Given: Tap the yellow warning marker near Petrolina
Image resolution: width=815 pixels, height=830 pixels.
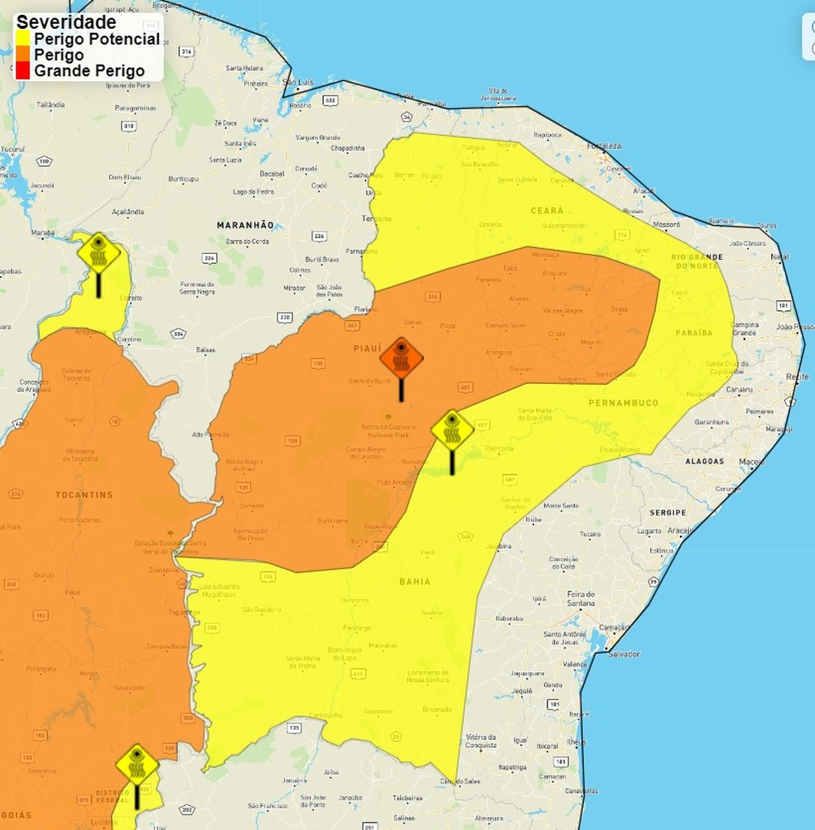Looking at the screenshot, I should (452, 432).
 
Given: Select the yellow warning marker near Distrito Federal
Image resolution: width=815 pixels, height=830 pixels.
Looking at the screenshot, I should (137, 765).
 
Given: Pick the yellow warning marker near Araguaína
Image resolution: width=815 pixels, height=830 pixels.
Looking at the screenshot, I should (99, 254).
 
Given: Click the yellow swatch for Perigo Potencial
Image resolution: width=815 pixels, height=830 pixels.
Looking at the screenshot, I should (23, 39).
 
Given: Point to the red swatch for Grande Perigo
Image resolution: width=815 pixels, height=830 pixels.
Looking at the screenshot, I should (23, 71).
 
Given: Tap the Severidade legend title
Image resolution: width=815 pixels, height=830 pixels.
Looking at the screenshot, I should (66, 22).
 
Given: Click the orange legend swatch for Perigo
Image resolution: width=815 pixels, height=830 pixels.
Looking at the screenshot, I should (23, 55).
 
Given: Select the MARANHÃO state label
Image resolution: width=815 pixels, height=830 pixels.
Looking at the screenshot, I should (244, 225).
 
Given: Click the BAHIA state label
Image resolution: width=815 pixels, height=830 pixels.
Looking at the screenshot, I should (415, 582).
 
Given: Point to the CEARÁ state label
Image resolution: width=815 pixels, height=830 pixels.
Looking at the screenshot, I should (547, 211).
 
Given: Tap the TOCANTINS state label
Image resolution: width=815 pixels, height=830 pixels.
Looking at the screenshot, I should (84, 495).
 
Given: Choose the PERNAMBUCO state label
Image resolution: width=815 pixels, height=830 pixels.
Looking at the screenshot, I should (623, 403).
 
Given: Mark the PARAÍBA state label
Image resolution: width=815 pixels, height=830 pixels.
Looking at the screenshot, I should (694, 333).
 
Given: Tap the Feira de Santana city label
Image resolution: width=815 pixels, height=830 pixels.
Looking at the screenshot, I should (581, 599).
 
